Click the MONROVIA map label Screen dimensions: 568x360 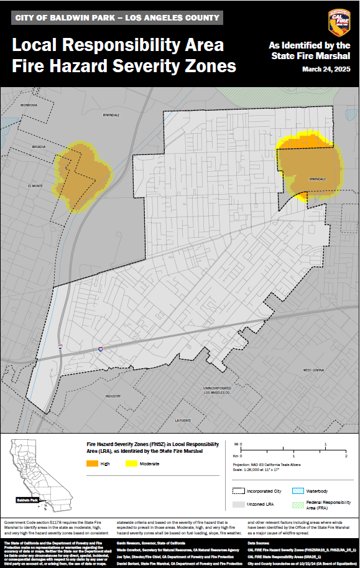pos(29,105)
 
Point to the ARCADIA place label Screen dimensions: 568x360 pos(39,147)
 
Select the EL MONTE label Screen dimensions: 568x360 pos(34,185)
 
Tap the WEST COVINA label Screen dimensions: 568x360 pos(313,370)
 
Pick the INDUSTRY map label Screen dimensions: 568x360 pos(113,396)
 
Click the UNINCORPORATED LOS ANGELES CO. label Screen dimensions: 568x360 pos(217,391)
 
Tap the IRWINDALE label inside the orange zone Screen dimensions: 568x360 pos(317,179)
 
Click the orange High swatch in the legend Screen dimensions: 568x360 pos(92,463)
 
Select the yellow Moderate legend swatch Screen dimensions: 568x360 pos(131,463)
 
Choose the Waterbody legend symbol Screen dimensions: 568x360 pos(298,491)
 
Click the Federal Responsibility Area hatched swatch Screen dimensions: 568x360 pos(298,505)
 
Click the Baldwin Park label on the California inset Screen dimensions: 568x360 pos(28,500)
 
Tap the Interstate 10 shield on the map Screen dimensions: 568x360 pos(99,351)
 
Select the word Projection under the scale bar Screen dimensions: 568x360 pos(244,464)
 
